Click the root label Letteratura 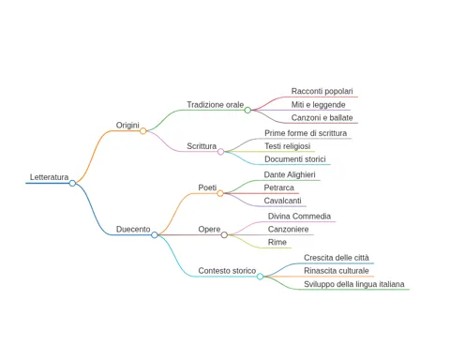tap(49, 177)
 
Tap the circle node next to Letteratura tap(72, 183)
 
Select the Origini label tap(127, 126)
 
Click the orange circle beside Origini tap(143, 131)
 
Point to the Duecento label tap(133, 230)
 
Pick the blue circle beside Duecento tap(155, 235)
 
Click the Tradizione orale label tap(216, 105)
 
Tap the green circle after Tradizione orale tap(247, 110)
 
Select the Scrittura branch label tap(202, 146)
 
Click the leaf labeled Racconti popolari tap(322, 91)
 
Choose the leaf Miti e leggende tap(319, 105)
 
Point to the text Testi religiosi tap(288, 146)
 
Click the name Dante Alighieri tap(290, 174)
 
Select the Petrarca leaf tap(279, 187)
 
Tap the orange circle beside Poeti tap(220, 193)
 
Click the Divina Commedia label tap(299, 217)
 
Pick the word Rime tap(277, 242)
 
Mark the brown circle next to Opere tap(224, 235)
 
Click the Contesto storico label tap(227, 271)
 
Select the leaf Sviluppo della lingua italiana tap(354, 284)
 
